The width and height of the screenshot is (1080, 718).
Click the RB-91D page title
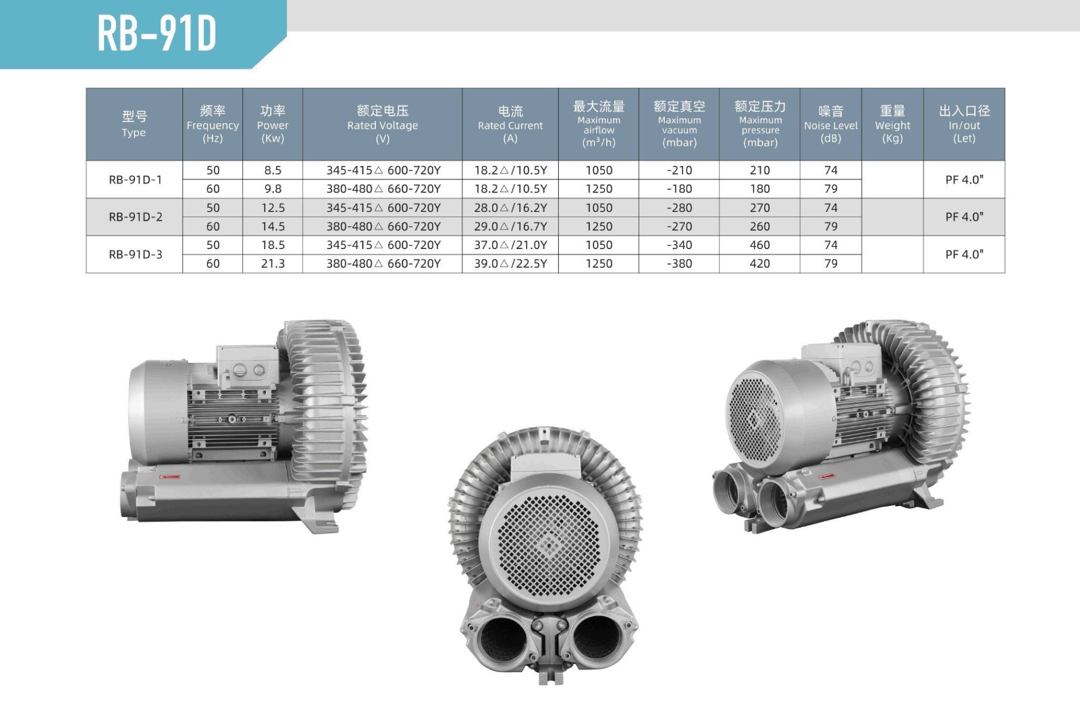point(157,33)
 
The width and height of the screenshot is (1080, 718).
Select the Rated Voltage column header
point(382,124)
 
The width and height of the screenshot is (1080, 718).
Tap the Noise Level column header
point(831,124)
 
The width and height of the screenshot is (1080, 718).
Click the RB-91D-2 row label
point(136,217)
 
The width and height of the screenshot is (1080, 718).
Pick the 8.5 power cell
point(273,170)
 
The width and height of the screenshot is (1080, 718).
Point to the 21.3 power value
point(273,264)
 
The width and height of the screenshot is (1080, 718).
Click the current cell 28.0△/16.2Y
point(510,208)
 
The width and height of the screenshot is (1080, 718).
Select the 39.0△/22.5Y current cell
point(510,264)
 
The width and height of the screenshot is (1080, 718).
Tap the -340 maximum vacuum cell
point(679,245)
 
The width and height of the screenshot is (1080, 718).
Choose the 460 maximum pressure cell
point(760,245)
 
